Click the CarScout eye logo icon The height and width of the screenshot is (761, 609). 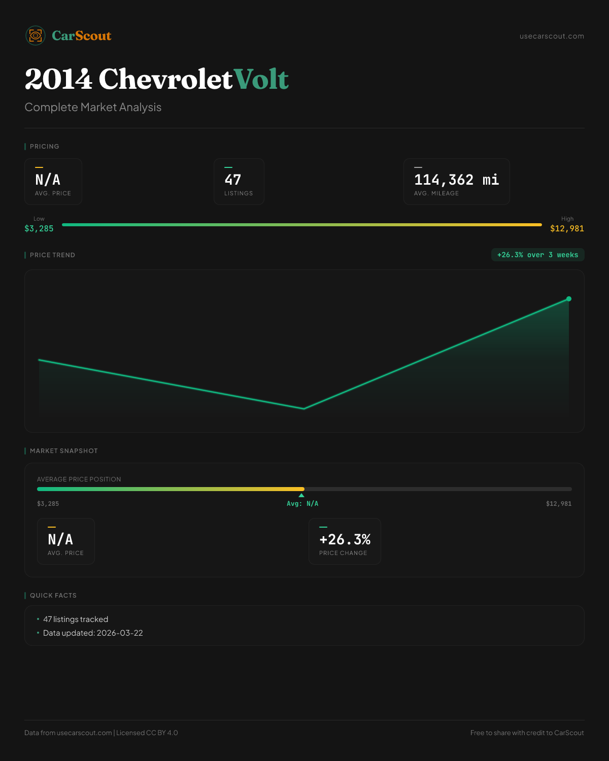36,36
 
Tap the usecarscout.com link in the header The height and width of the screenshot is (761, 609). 552,36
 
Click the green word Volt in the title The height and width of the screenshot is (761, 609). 261,79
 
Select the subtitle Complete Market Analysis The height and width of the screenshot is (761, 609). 93,107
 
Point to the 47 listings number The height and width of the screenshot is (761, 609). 233,180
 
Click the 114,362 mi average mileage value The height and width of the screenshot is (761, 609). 456,180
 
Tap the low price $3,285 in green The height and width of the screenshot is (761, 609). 39,228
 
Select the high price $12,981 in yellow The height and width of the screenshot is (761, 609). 567,228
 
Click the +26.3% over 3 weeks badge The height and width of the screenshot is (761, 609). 537,255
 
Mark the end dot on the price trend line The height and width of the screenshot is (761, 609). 569,299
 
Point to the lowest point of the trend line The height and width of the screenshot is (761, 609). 304,408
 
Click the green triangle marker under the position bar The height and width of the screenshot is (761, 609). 301,495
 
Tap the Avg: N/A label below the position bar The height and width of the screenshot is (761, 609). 302,504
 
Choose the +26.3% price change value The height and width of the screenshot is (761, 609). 345,539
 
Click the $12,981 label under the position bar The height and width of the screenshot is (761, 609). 558,504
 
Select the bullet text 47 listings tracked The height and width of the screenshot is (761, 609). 76,619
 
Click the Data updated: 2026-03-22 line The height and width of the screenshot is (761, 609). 93,633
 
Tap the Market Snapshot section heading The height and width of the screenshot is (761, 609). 63,451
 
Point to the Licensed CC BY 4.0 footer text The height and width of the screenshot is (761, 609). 147,733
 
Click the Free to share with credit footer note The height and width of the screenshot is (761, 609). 527,733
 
